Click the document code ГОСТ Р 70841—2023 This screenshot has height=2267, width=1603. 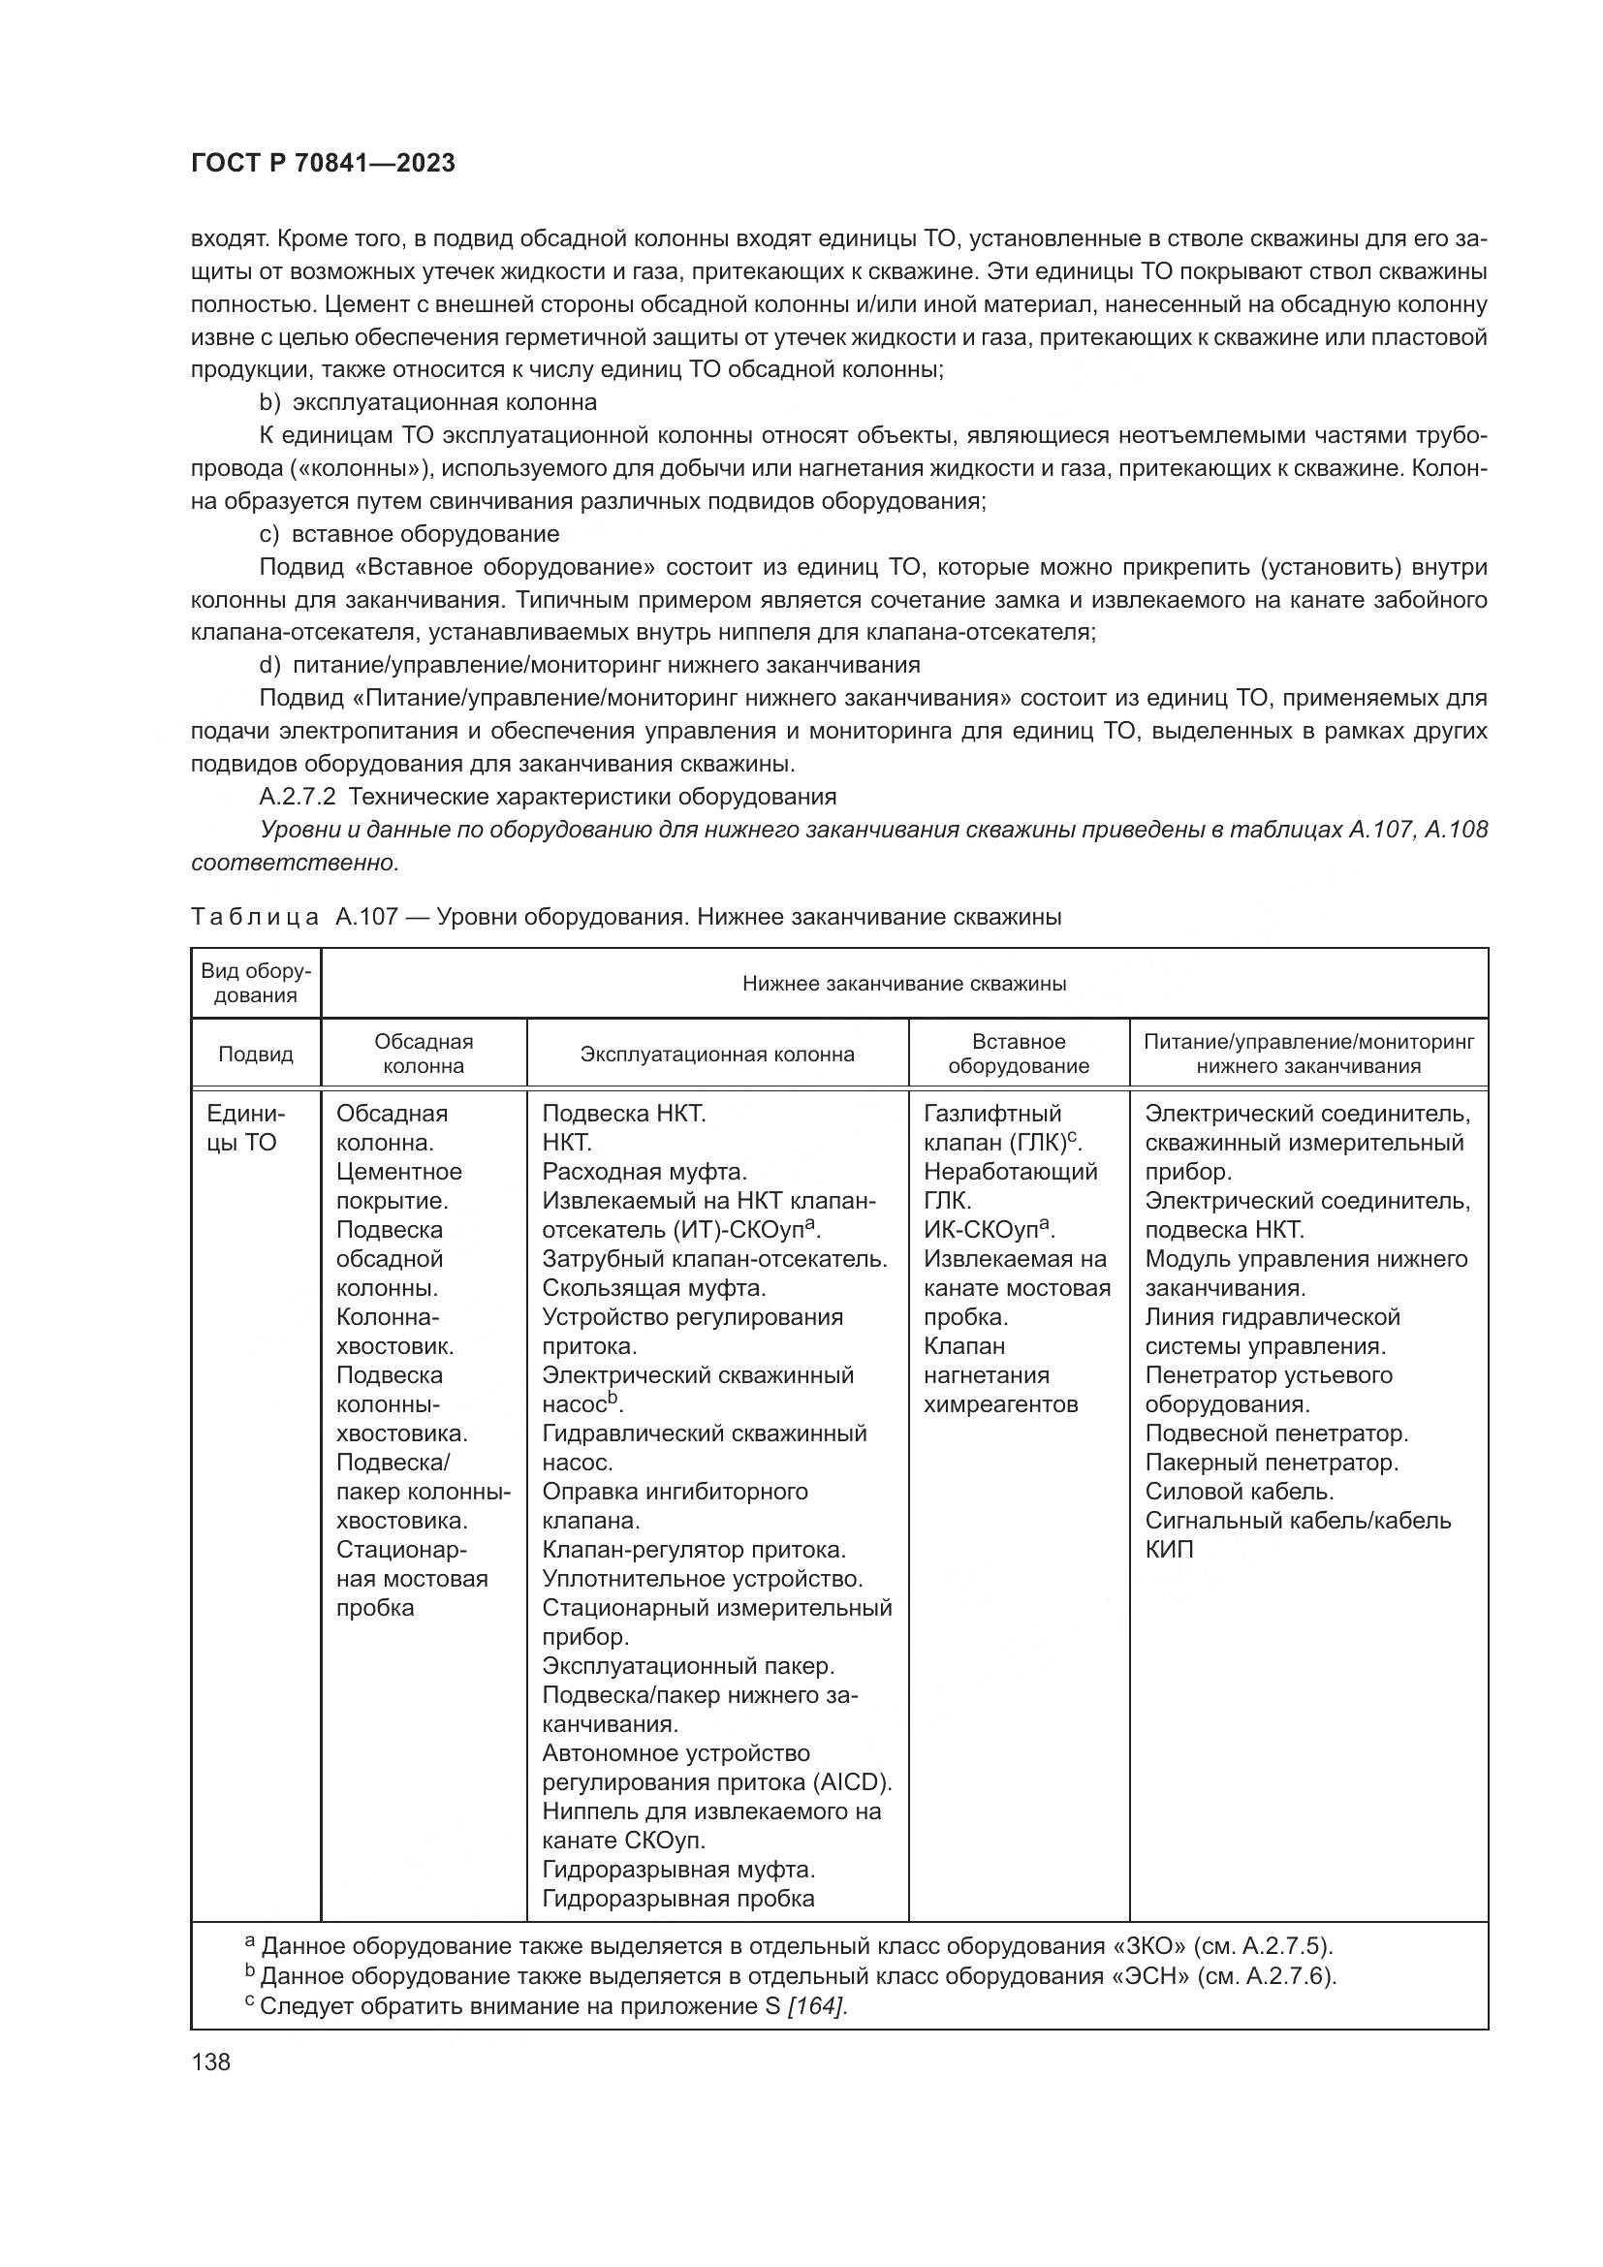tap(323, 164)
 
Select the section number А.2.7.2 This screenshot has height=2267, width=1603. tap(299, 797)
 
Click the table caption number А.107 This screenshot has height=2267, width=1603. tap(365, 917)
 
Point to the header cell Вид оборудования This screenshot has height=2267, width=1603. tap(256, 984)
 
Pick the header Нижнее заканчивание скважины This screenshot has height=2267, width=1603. tap(903, 984)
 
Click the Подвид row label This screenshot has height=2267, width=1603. tap(256, 1055)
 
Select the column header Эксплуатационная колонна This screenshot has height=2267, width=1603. tap(716, 1055)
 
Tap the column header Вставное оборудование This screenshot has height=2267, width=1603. tap(1018, 1055)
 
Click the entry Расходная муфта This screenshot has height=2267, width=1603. tap(644, 1172)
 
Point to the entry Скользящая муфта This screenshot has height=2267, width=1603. tap(653, 1288)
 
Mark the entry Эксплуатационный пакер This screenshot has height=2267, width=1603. tap(688, 1666)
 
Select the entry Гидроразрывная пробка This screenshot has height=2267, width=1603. tap(678, 1899)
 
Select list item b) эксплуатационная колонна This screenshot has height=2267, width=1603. tap(428, 403)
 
